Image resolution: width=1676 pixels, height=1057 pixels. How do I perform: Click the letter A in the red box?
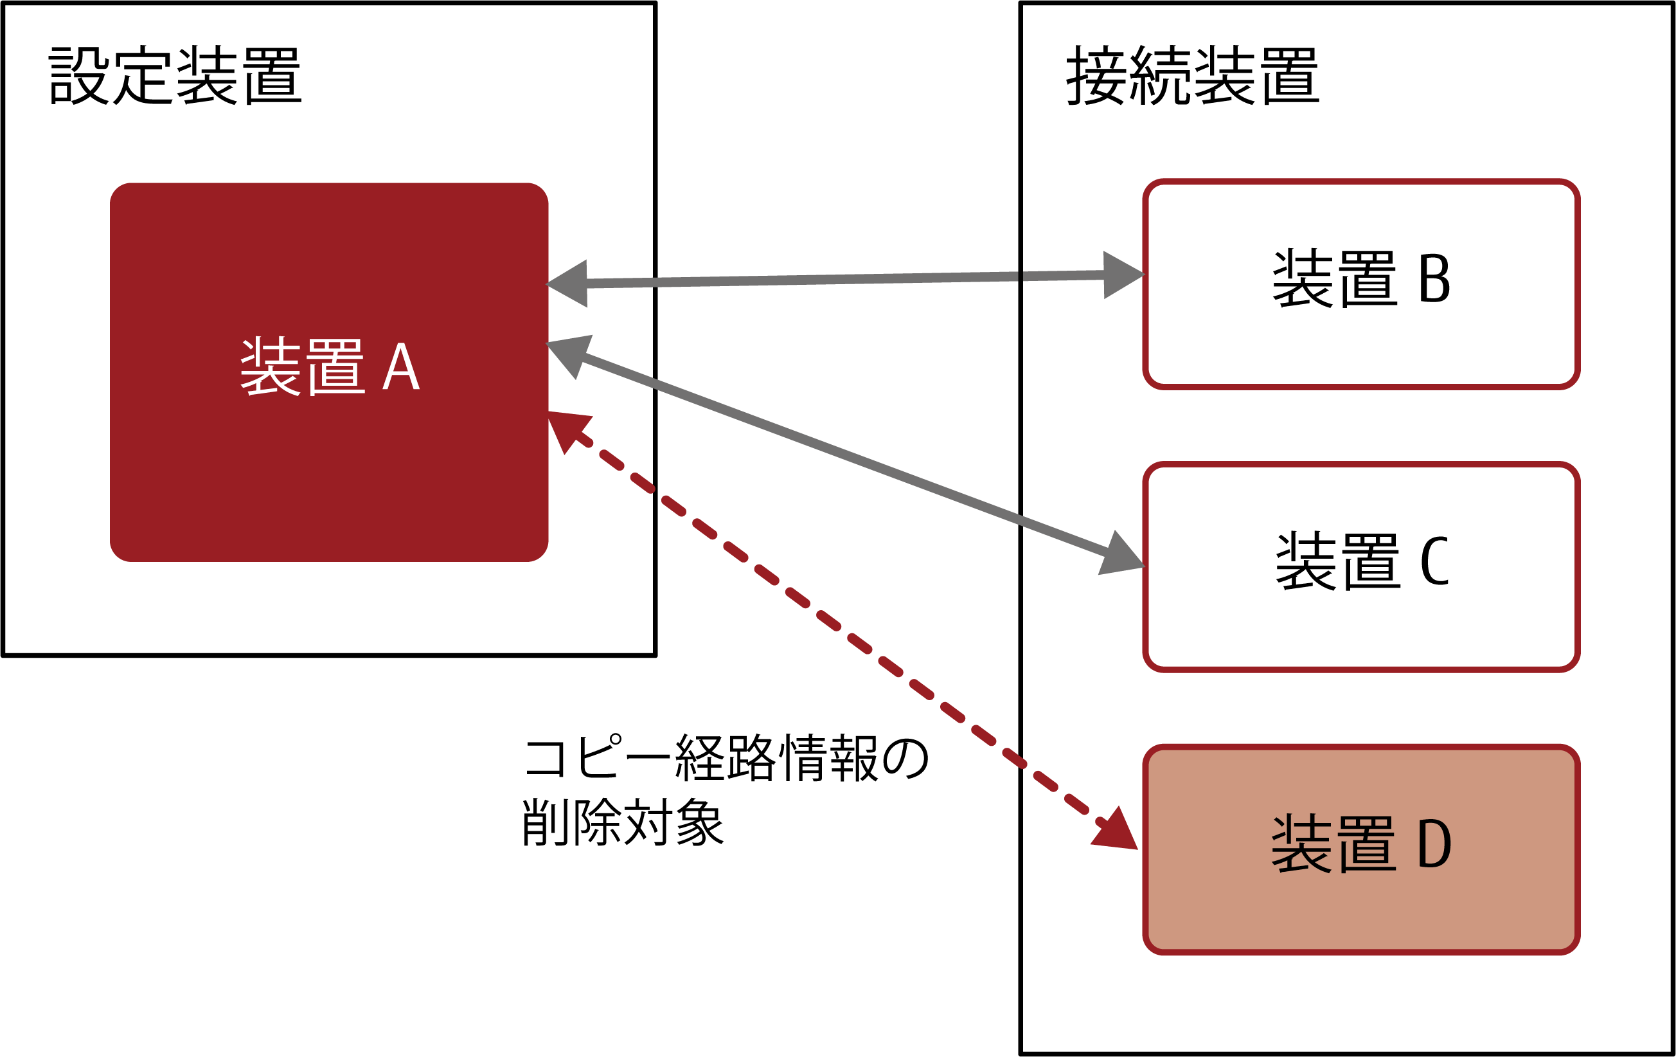(x=401, y=367)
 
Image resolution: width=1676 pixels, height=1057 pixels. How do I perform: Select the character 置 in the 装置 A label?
(x=335, y=367)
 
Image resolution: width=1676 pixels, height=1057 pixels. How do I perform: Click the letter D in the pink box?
(x=1434, y=844)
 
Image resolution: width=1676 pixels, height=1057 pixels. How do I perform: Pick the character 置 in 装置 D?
(x=1367, y=844)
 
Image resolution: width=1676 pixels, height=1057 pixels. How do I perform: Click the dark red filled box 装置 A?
(x=328, y=473)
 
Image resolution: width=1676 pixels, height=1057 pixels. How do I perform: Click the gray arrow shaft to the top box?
(x=801, y=279)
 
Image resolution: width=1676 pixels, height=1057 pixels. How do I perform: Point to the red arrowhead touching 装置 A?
(x=567, y=428)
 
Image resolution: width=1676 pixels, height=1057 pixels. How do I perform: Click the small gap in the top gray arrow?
(x=1021, y=276)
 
